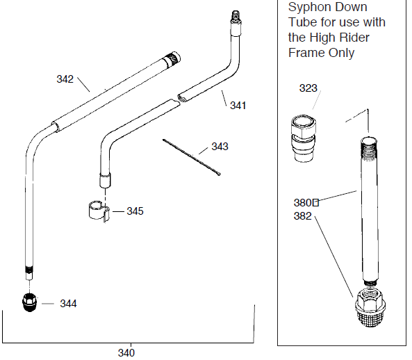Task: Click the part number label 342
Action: coord(65,79)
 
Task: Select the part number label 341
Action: coord(238,106)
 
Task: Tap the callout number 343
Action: coord(220,147)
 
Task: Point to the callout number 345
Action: coord(135,211)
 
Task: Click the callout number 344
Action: coord(68,304)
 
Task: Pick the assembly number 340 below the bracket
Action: coord(126,352)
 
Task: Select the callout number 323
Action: coord(308,88)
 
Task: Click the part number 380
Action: coord(303,203)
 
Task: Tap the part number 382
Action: coord(302,215)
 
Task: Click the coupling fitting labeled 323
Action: coord(303,138)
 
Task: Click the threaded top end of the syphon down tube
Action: coord(368,147)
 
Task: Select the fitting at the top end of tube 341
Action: coord(234,17)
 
